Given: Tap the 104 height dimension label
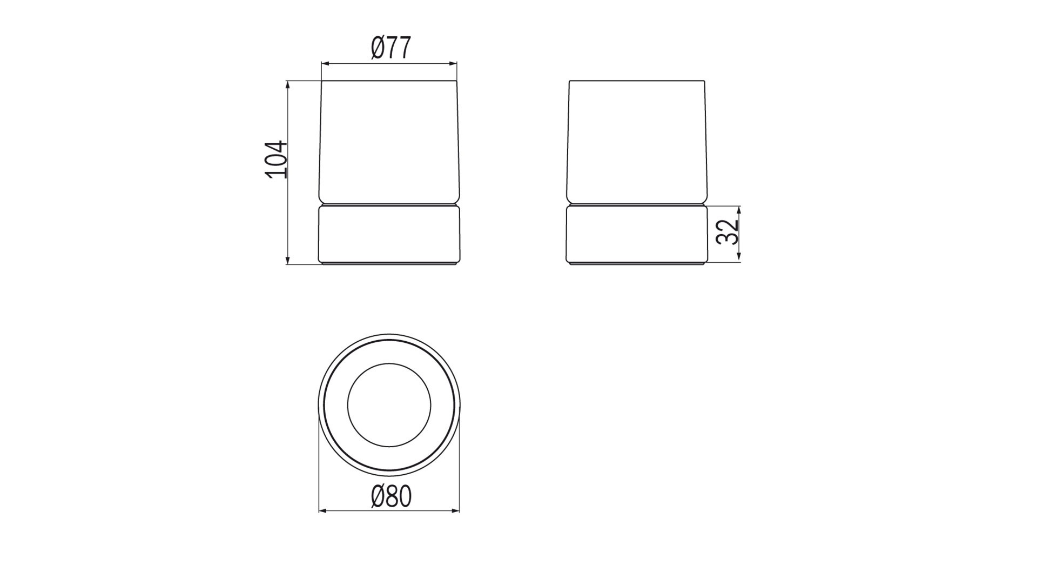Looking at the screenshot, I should click(276, 160).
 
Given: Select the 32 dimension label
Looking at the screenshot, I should click(727, 232).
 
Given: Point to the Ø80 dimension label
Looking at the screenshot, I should click(391, 496).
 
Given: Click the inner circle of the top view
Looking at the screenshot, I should click(389, 405).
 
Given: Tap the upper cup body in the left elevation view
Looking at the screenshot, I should click(389, 141).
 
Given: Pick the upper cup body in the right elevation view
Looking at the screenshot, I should click(637, 141).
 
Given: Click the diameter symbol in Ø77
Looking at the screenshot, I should click(378, 48).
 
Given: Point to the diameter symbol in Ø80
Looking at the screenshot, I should click(378, 496).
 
